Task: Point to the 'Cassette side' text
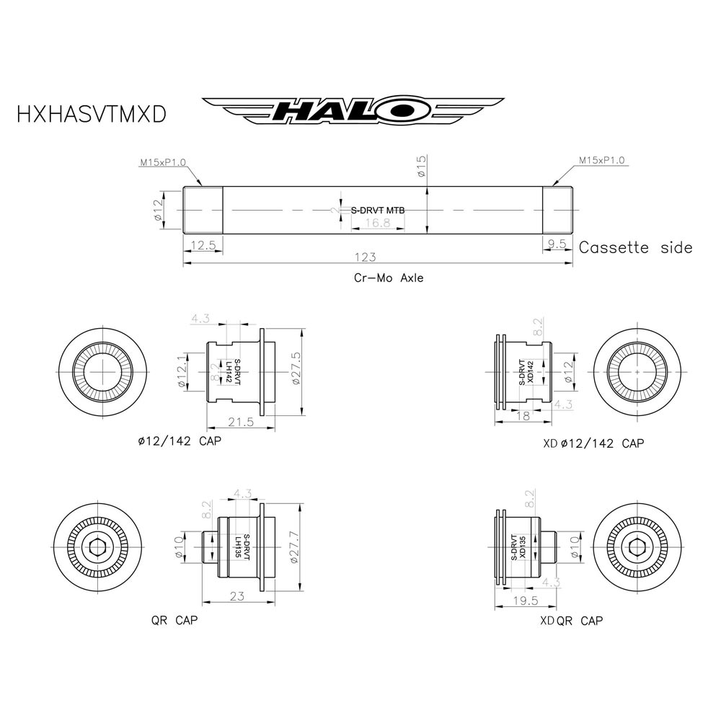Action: [635, 248]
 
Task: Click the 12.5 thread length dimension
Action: [203, 244]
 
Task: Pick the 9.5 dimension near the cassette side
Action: [557, 244]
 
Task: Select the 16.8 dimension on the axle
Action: [376, 224]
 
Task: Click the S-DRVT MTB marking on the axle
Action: [378, 211]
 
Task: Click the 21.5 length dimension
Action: [240, 422]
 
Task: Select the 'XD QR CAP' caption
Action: [571, 621]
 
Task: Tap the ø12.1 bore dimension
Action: [182, 372]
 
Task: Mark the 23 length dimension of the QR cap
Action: [236, 596]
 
